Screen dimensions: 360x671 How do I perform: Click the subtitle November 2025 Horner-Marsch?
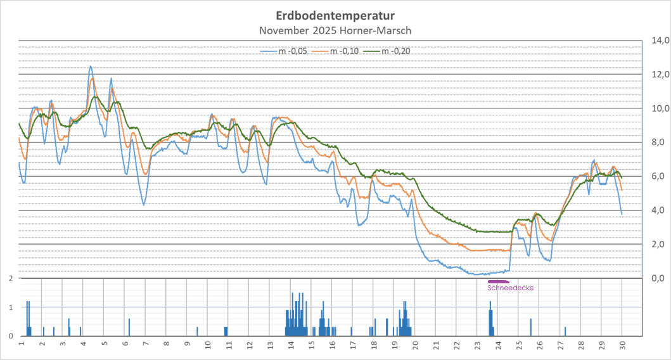click(335, 30)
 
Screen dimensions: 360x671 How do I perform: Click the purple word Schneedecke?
click(511, 288)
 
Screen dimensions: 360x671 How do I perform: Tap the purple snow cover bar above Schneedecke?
click(499, 281)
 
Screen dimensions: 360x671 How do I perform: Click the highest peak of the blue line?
click(91, 66)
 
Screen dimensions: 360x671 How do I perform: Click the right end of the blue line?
click(622, 214)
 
